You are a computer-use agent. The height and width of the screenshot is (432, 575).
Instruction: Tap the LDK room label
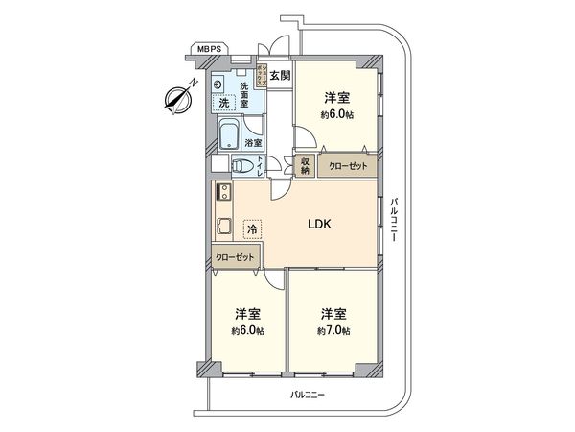coord(318,225)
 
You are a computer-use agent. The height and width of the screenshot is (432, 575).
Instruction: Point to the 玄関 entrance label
coord(279,75)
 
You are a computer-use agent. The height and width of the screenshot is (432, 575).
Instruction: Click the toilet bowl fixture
coord(243,167)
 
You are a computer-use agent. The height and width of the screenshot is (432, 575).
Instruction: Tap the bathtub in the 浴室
coord(229,133)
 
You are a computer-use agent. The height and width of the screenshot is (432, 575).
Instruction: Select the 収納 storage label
coord(306,164)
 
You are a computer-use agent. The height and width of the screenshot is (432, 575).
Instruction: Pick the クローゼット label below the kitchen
coord(235,257)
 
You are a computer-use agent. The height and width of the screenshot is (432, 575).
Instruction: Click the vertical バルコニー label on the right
coord(394,222)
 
